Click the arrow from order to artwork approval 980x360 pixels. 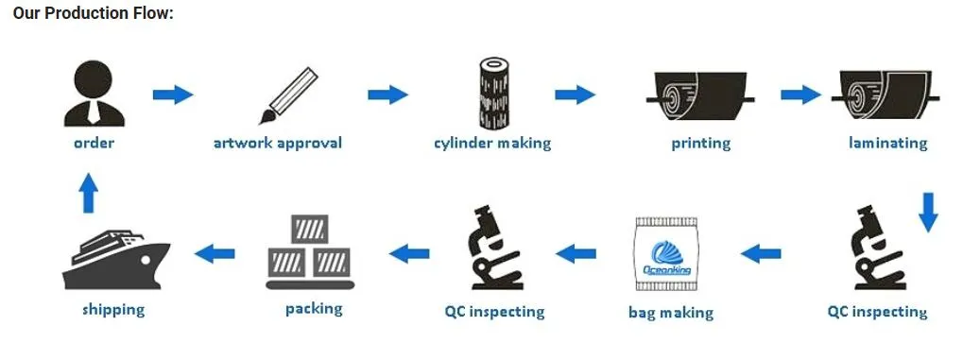tap(173, 94)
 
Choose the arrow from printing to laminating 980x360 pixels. tap(800, 94)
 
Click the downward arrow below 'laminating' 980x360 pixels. tap(928, 212)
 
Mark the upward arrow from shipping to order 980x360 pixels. tap(88, 194)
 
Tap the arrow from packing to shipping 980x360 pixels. tap(215, 252)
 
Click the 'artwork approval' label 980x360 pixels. tap(278, 144)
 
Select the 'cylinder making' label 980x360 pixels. tap(492, 144)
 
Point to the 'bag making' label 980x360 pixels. tap(671, 312)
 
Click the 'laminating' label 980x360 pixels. tap(888, 144)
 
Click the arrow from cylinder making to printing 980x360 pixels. tap(575, 94)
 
